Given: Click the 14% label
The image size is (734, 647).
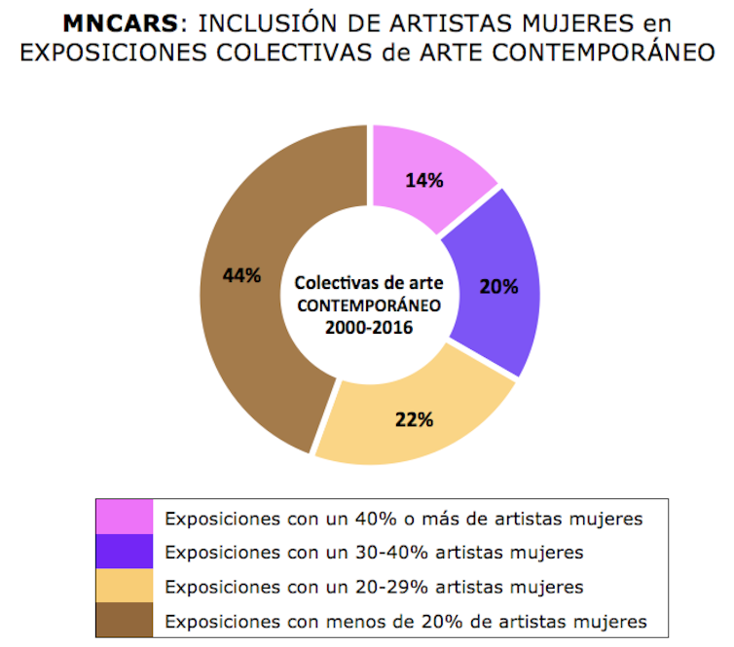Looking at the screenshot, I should click(426, 180).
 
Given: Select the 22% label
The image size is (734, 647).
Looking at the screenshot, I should click(414, 420).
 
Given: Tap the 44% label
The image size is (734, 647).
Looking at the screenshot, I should click(241, 275).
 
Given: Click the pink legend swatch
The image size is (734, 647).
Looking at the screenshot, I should click(124, 518).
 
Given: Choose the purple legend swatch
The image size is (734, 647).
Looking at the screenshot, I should click(124, 552).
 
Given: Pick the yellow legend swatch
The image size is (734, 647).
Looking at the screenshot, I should click(124, 586).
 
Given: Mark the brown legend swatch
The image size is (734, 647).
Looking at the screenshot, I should click(124, 620).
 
